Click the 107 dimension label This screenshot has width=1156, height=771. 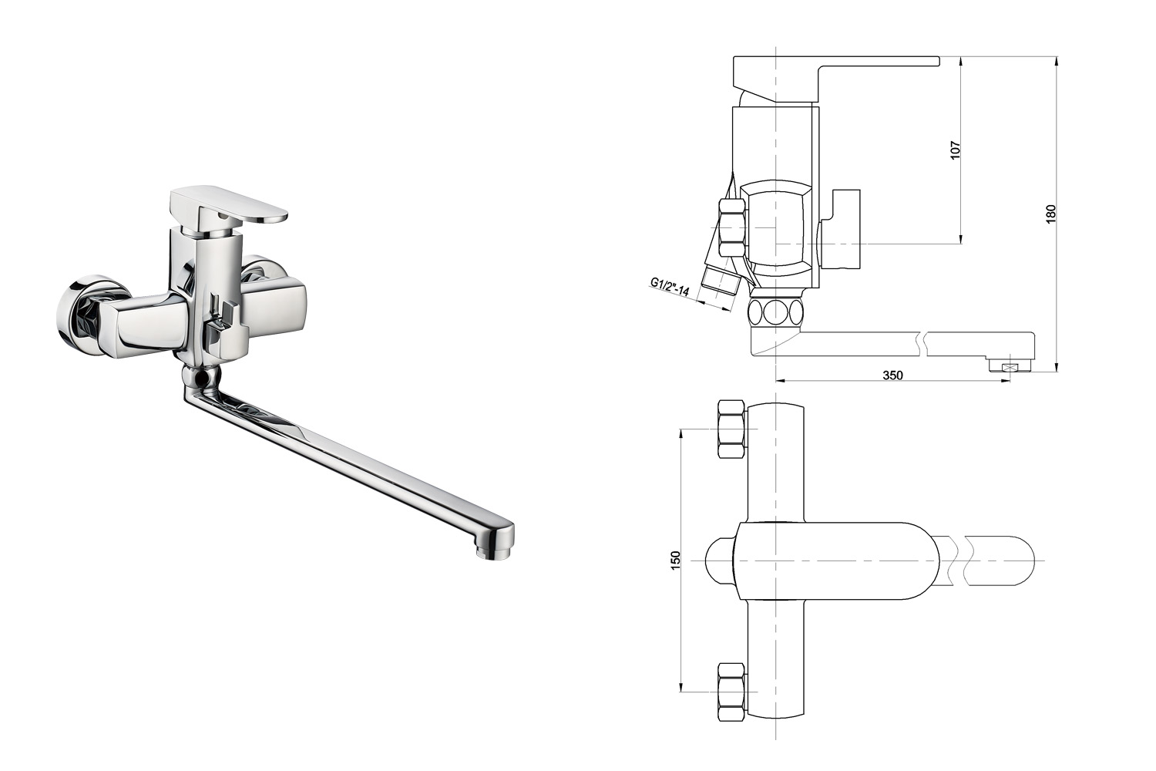pos(956,150)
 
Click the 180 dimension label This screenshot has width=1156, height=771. pos(1051,214)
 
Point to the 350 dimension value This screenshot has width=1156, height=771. pos(892,375)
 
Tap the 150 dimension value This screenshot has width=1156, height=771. pos(676,561)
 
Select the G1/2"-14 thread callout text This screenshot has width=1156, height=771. pos(670,287)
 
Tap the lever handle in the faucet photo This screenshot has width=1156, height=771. pos(228,207)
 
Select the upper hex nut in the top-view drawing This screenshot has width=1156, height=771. pos(732,429)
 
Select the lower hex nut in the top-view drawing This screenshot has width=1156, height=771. pos(732,692)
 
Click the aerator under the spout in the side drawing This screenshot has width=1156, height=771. pos(1008,367)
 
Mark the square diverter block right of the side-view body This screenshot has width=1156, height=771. pos(840,229)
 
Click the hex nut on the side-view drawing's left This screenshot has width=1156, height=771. pos(732,227)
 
